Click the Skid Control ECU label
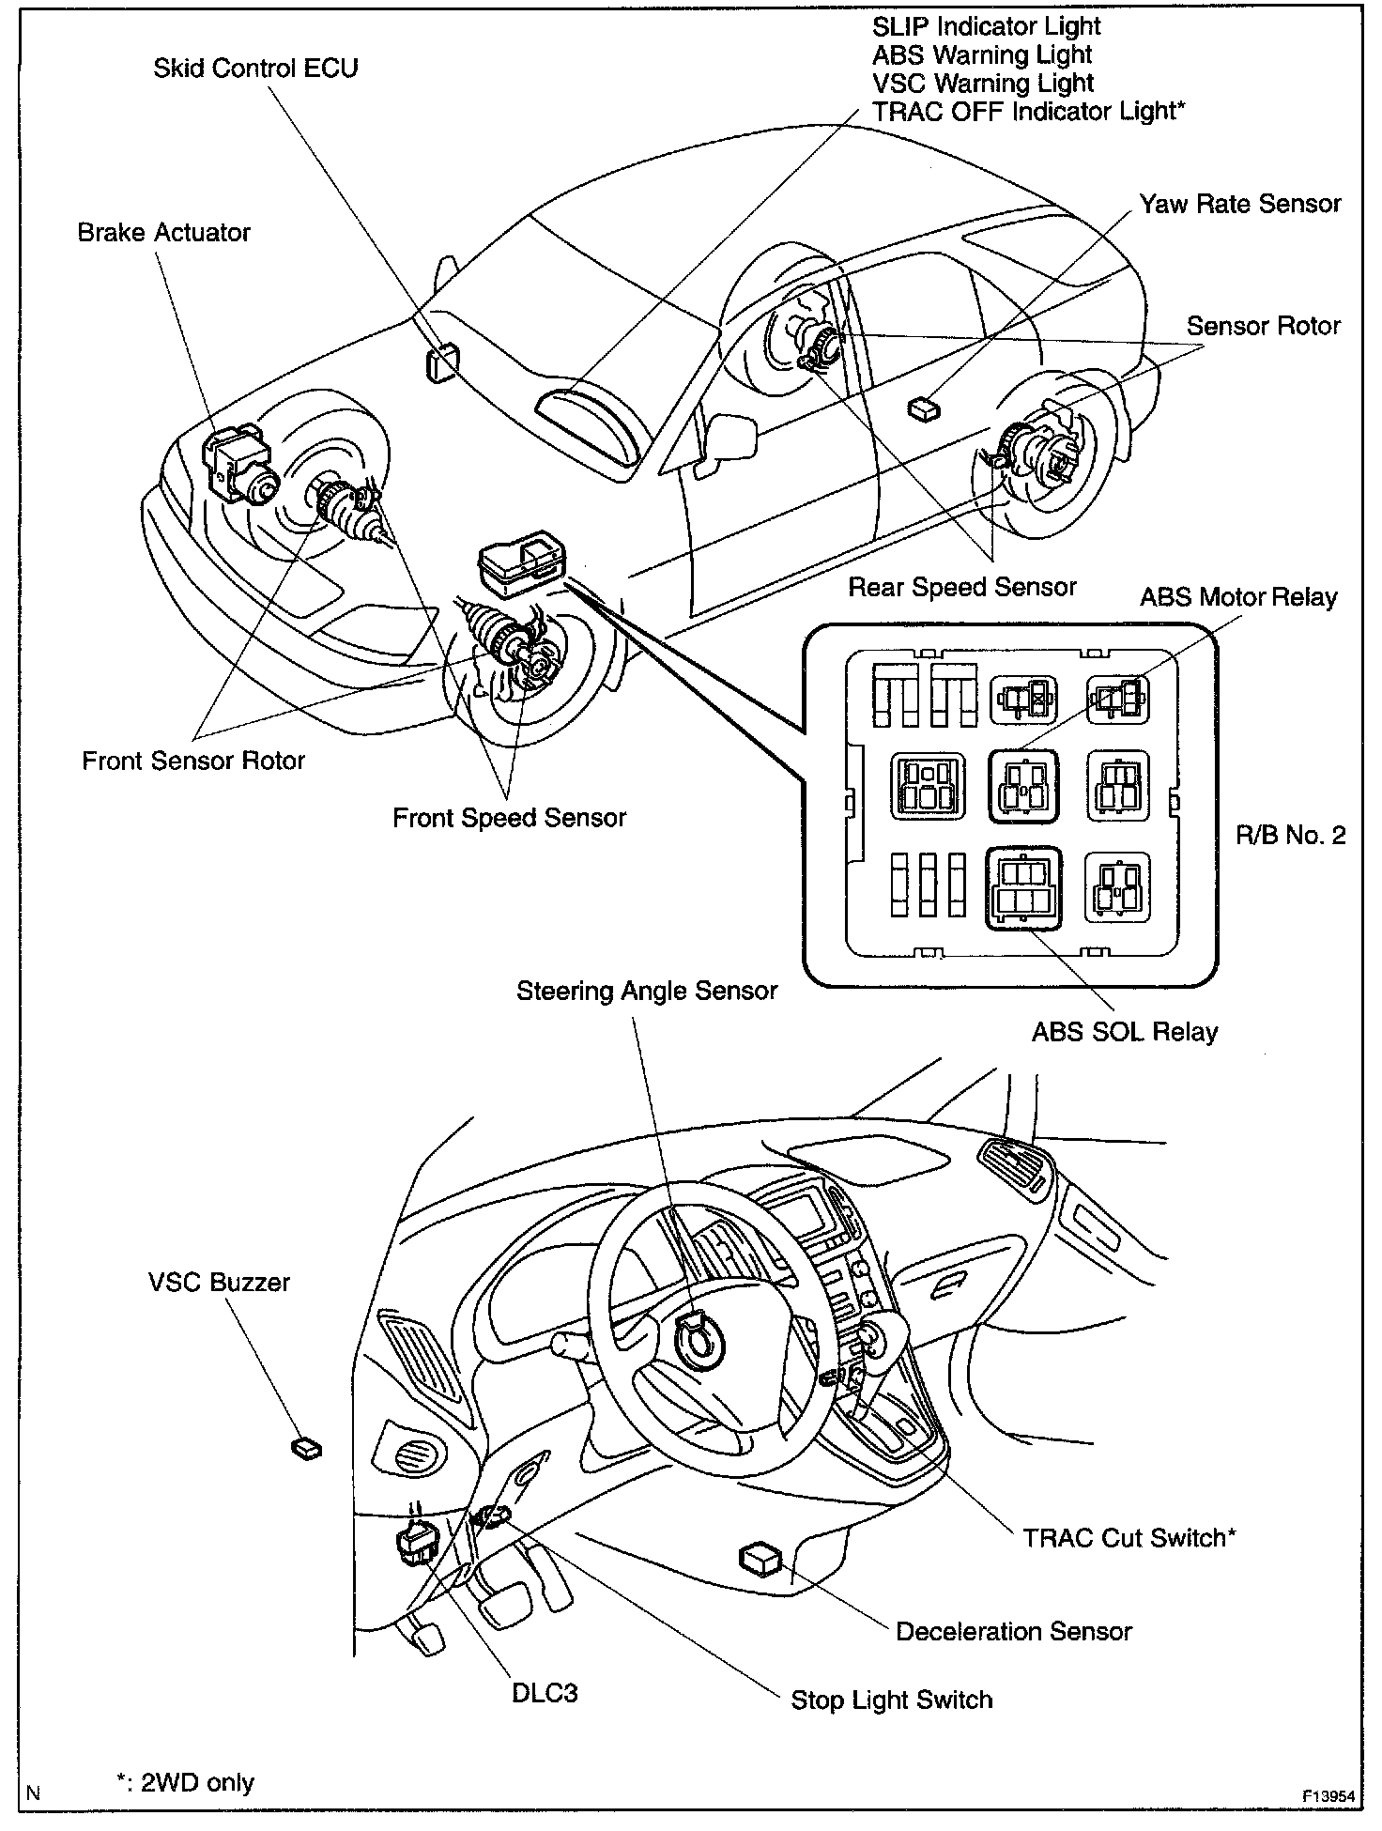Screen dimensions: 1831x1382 (x=255, y=69)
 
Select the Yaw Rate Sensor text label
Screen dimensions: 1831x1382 (x=1239, y=205)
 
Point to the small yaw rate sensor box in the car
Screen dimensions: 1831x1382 (x=924, y=407)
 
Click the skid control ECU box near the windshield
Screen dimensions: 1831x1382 (x=442, y=362)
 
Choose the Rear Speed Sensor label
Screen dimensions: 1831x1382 (x=961, y=588)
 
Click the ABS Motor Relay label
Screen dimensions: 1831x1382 (x=1237, y=597)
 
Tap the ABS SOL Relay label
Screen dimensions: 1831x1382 (x=1124, y=1032)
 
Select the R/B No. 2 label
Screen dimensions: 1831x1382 (x=1290, y=835)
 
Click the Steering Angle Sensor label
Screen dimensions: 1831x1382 (x=647, y=991)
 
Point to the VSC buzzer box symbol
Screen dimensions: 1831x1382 (x=306, y=1448)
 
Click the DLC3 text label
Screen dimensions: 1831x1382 (x=545, y=1693)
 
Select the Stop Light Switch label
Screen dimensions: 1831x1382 (x=891, y=1700)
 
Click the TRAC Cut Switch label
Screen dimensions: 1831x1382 (x=1129, y=1538)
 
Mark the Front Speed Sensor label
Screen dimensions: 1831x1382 (x=509, y=818)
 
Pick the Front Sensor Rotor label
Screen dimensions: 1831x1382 (x=193, y=761)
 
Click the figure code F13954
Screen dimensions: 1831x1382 (x=1328, y=1796)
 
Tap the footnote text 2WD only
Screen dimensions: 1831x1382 (x=197, y=1783)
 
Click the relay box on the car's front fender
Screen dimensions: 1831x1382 (x=522, y=562)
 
